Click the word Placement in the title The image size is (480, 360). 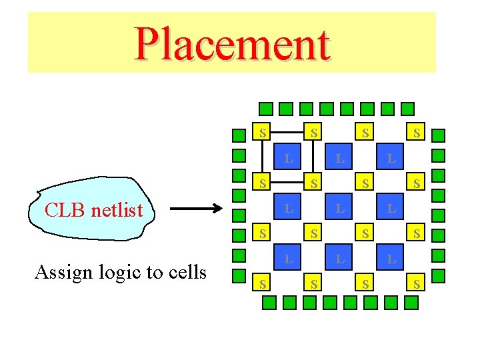point(232,44)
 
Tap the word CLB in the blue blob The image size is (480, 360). point(63,211)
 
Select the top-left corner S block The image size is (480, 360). point(263,132)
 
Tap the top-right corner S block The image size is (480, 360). point(417,132)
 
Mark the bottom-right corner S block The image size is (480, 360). point(417,285)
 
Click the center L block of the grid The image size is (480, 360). point(340,209)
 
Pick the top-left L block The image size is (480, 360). point(288,159)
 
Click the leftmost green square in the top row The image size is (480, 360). point(265,108)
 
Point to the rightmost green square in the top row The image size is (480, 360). point(408,108)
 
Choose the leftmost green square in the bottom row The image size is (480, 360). point(268,303)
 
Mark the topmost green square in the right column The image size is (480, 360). point(438,136)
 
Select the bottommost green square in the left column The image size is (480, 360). point(239,276)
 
